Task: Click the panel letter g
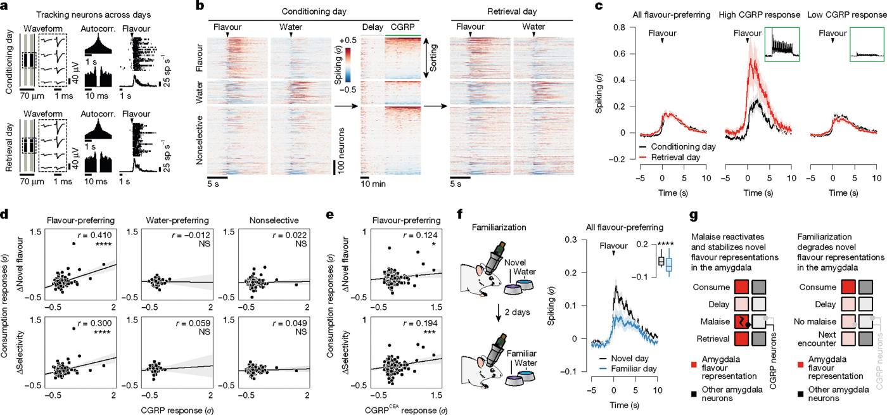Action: (693, 216)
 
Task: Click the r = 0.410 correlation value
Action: (95, 235)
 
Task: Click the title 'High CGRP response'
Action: (760, 15)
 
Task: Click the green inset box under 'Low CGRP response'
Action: (867, 44)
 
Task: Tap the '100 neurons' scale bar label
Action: (341, 150)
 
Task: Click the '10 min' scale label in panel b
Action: (373, 184)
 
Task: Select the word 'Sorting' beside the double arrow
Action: (433, 58)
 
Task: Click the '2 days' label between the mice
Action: (517, 312)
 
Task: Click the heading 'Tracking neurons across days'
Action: (94, 15)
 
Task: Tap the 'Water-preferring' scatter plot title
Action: (177, 220)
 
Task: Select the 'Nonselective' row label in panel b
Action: (200, 140)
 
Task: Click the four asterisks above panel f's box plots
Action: (665, 245)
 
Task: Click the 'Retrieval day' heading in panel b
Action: (512, 11)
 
